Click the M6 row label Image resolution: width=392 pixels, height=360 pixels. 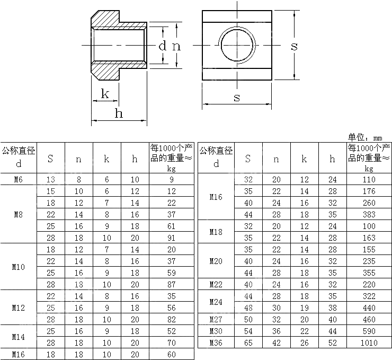[19, 180]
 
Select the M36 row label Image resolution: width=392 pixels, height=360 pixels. [216, 343]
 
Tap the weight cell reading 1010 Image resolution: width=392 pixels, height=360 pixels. [369, 343]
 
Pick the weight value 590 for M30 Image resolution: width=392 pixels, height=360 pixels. [369, 331]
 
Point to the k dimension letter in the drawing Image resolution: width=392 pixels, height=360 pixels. [105, 94]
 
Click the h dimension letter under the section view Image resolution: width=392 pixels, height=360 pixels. [119, 113]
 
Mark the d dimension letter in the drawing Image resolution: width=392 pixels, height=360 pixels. [163, 46]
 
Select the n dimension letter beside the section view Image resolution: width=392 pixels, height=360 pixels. [176, 46]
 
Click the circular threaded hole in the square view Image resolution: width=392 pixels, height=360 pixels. [238, 46]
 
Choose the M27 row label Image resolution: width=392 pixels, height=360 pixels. [216, 319]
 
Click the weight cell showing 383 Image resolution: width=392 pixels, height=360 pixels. [369, 215]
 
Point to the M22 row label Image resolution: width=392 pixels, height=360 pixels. [216, 284]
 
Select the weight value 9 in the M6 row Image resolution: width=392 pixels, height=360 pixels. [171, 180]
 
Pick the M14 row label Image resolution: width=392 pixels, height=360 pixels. [19, 337]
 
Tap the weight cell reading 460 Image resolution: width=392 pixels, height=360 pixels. [369, 319]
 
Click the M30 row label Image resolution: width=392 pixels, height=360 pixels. [216, 331]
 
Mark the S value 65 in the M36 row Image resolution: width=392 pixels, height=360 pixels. [248, 343]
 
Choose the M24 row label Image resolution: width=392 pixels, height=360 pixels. [216, 302]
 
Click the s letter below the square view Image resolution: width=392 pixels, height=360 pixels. [237, 97]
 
